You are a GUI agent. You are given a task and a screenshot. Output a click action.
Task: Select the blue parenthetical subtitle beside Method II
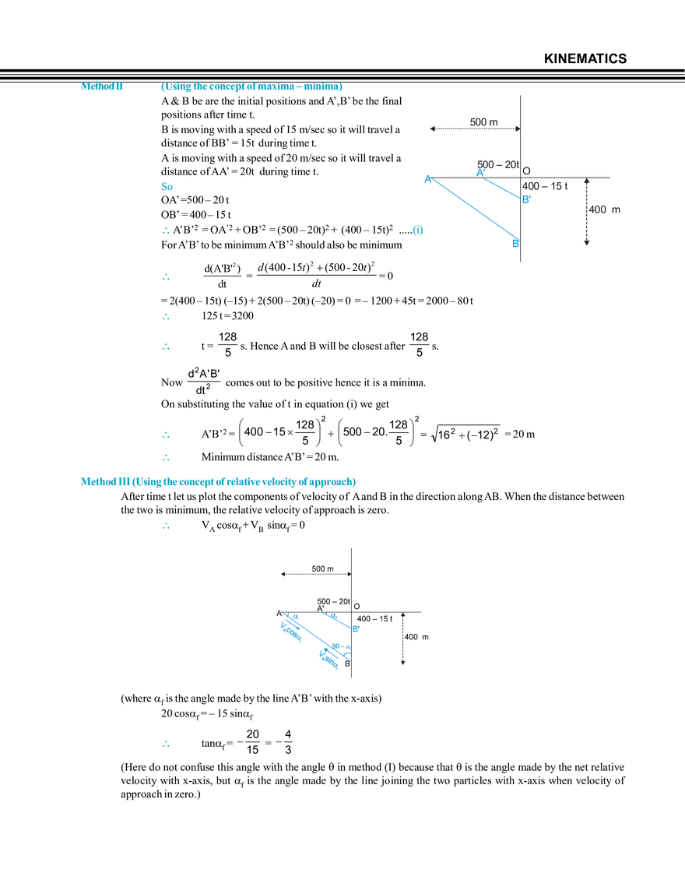click(251, 87)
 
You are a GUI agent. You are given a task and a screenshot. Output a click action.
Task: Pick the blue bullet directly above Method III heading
click(165, 456)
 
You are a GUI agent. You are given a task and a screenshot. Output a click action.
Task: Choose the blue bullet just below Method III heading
click(165, 527)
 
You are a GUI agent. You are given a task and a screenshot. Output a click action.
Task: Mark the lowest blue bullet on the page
click(165, 744)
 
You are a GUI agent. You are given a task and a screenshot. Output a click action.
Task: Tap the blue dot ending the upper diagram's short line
click(527, 199)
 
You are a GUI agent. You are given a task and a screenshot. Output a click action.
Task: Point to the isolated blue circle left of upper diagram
click(418, 231)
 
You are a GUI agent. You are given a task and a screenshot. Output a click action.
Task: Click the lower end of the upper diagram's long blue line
click(515, 242)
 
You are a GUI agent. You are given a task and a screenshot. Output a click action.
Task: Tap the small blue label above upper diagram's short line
click(480, 171)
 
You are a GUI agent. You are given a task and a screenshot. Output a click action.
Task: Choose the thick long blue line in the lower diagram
click(311, 640)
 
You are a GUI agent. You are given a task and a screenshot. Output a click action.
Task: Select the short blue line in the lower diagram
click(340, 621)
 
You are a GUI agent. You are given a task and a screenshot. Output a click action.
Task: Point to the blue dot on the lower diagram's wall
click(356, 628)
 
